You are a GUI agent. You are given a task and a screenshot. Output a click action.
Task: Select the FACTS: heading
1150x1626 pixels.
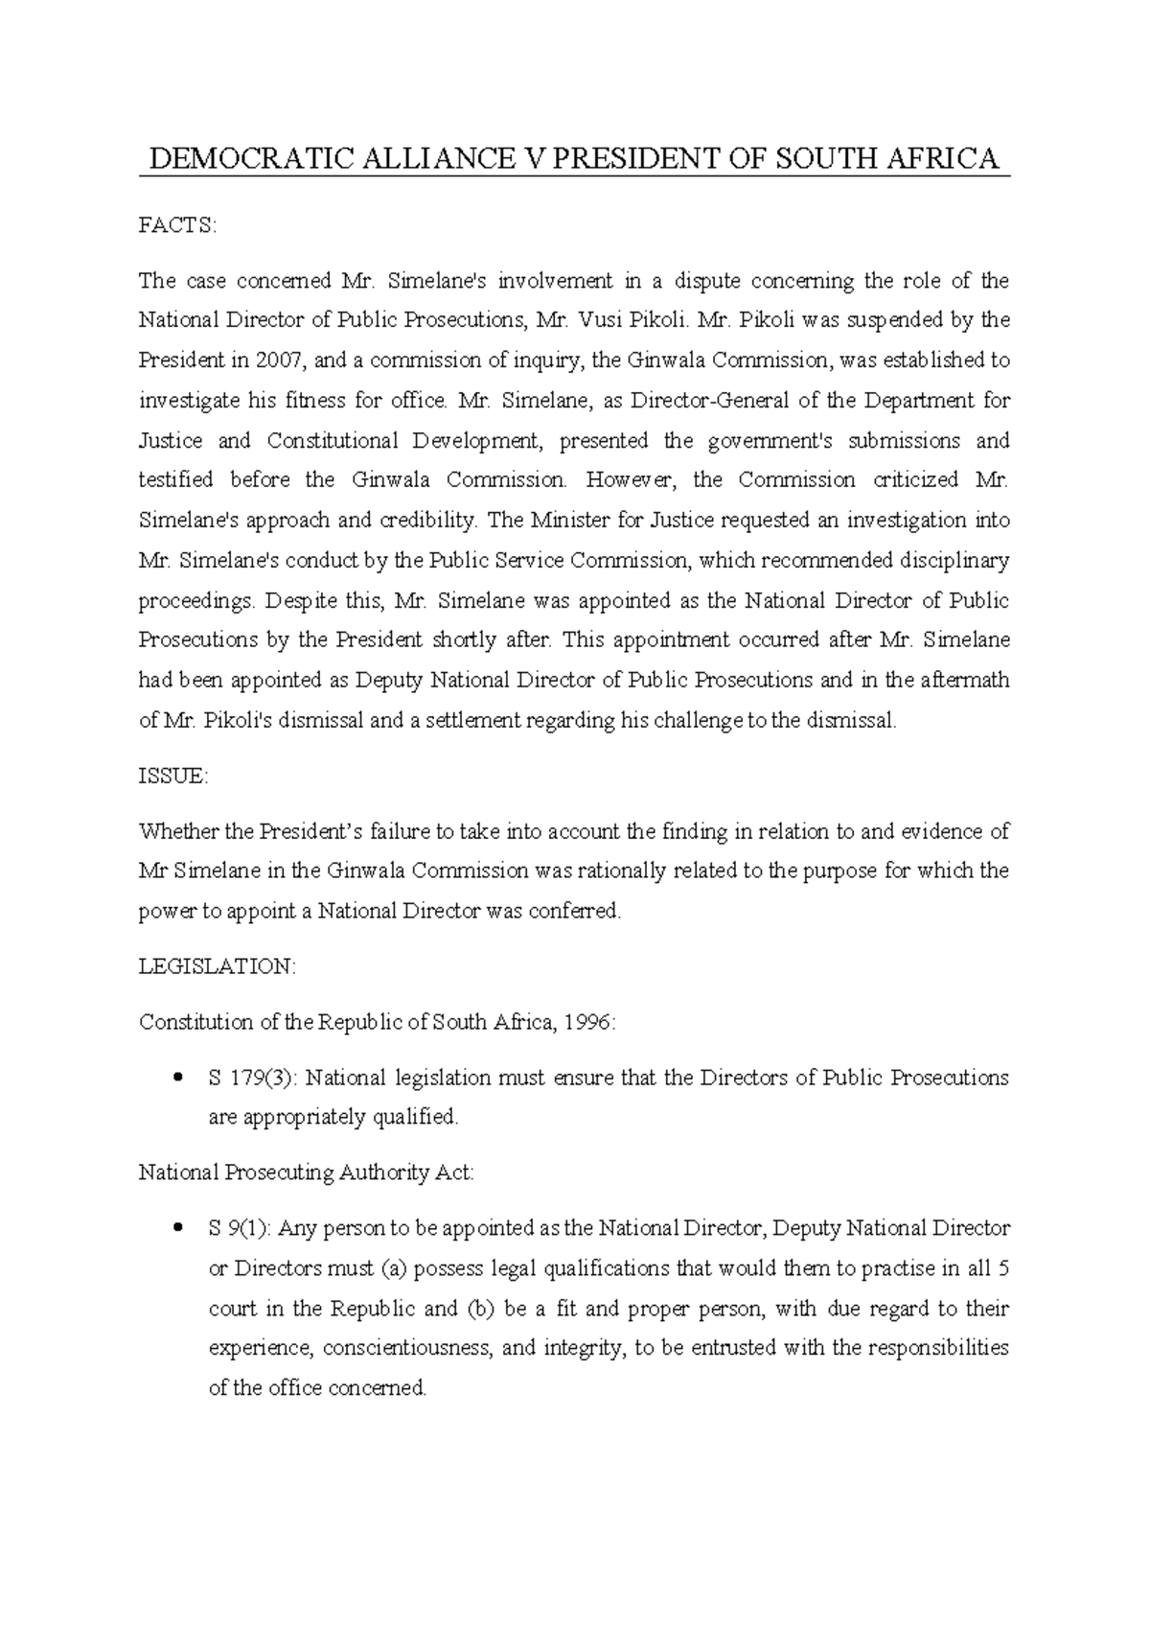[x=178, y=225]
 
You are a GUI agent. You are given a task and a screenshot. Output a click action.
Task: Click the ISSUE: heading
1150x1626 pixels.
[x=172, y=777]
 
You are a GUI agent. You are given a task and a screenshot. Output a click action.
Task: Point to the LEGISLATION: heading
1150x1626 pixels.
[x=218, y=966]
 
